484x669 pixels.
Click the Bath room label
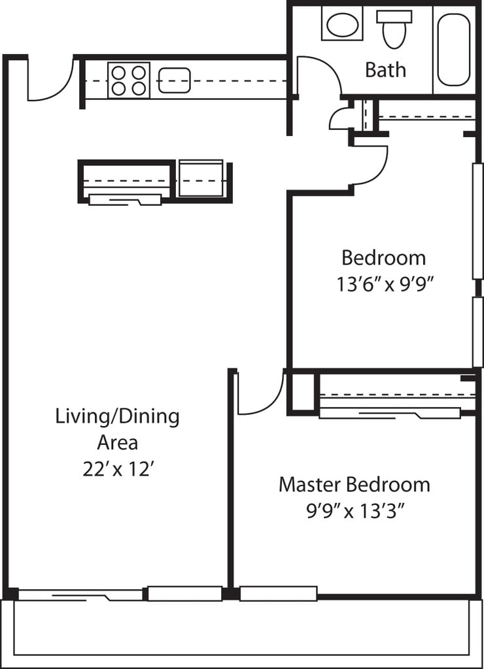385,69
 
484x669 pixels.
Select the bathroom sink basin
343,25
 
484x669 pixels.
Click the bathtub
454,50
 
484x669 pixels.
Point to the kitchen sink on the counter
174,80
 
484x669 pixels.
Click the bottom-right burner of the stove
139,88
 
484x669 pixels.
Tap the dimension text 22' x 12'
118,469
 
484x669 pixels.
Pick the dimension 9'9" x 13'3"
355,510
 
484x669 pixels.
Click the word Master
310,485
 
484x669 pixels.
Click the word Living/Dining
118,417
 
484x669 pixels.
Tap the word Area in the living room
118,443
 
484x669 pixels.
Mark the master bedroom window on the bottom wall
278,593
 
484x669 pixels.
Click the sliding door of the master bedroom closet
390,413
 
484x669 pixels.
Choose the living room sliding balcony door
80,595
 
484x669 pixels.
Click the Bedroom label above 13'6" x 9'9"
384,258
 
